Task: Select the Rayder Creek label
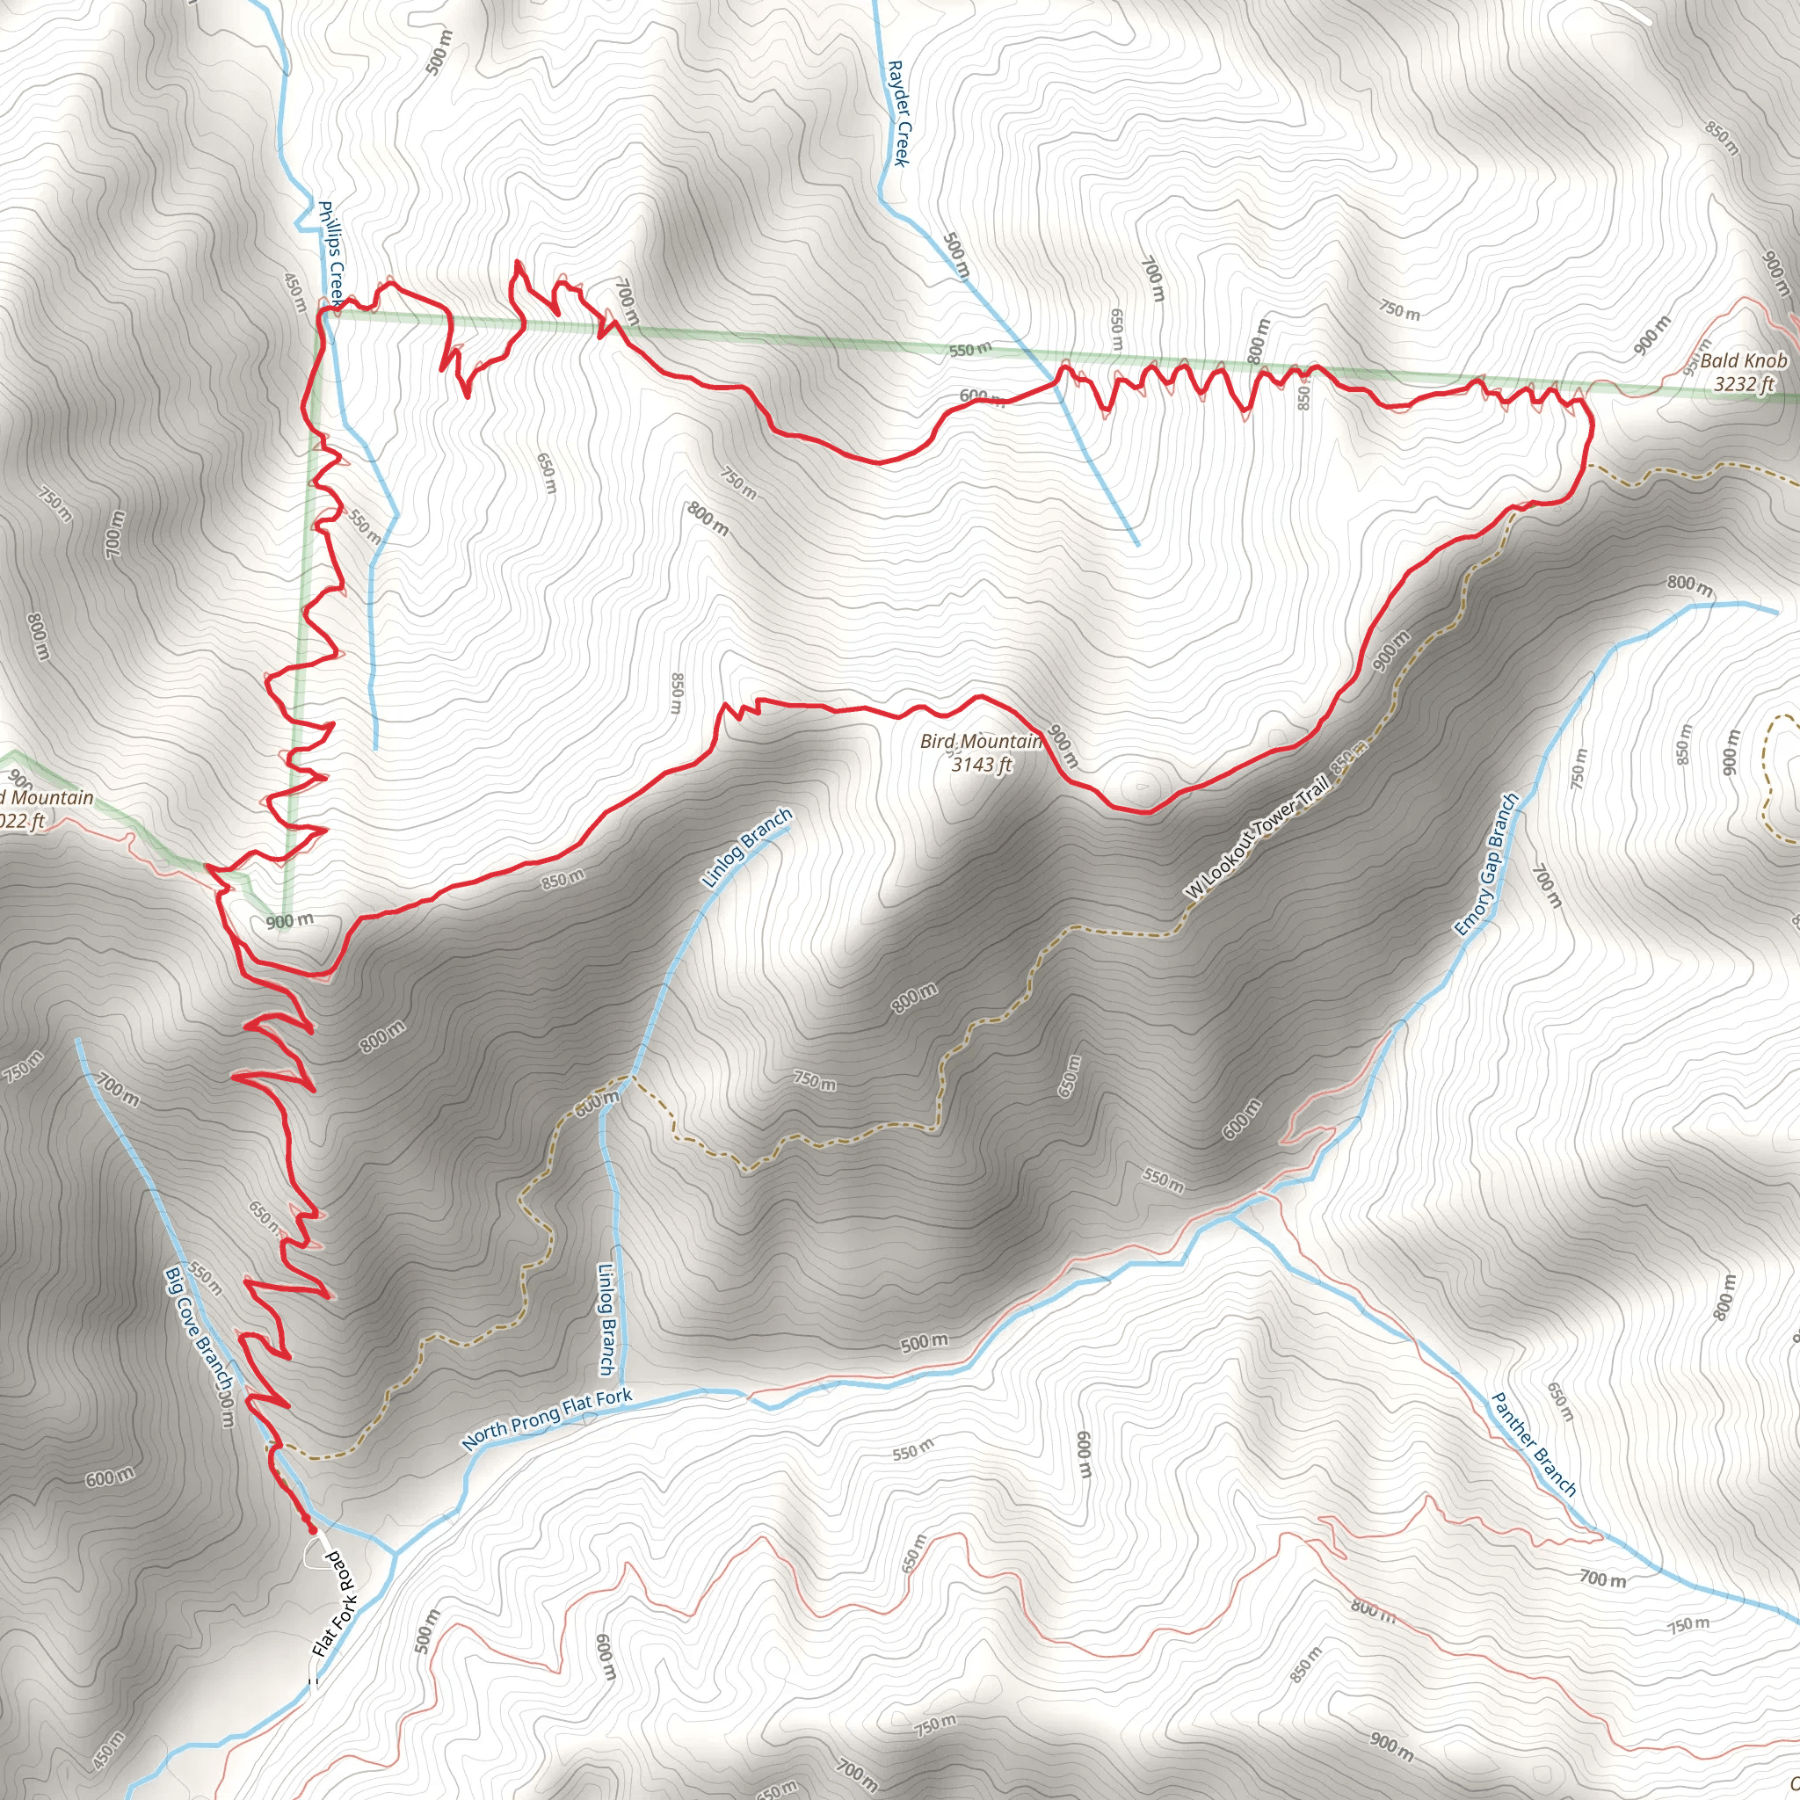click(x=897, y=112)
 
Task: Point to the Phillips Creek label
click(x=330, y=252)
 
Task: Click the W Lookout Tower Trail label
click(x=1257, y=840)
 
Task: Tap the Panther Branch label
click(x=1534, y=1444)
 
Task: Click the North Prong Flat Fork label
click(x=547, y=1419)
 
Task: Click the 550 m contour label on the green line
click(x=970, y=351)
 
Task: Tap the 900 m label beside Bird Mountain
click(x=1062, y=745)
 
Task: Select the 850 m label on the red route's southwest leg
click(x=562, y=878)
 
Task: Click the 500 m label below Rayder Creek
click(x=956, y=255)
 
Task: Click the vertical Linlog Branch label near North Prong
click(x=606, y=1317)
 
